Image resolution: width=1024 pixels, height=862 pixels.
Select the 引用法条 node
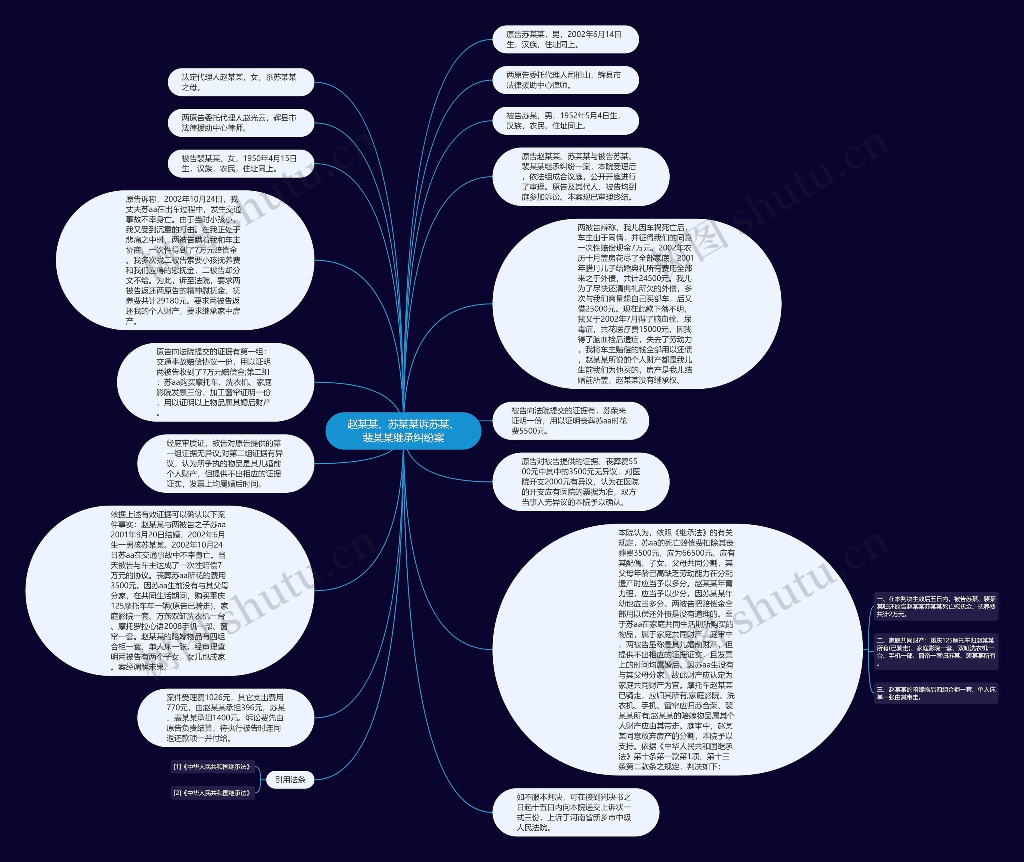(x=290, y=780)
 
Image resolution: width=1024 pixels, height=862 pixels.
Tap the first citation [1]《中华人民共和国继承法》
(x=212, y=767)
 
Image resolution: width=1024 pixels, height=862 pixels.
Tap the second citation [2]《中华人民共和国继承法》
(x=212, y=793)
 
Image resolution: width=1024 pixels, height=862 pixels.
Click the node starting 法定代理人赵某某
(x=240, y=82)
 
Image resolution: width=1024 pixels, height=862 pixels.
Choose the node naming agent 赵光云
(x=240, y=123)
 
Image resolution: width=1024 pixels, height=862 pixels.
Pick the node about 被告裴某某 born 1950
(x=240, y=163)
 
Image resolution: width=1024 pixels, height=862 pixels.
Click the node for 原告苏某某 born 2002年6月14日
(x=565, y=39)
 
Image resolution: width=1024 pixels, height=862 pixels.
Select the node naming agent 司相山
(x=565, y=80)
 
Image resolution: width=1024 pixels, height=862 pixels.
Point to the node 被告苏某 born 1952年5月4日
(x=565, y=121)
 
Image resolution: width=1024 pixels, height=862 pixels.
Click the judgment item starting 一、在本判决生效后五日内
(x=936, y=606)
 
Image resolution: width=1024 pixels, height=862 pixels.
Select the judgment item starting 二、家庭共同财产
(x=936, y=651)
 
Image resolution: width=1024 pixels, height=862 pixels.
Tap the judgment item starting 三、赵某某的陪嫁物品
(x=936, y=693)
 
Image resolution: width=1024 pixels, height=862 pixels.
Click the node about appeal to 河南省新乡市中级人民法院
(x=575, y=812)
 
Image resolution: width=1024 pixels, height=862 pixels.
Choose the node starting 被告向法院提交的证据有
(x=570, y=421)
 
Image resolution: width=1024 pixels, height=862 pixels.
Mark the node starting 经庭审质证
(x=225, y=463)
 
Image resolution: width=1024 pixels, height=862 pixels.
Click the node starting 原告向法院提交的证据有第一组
(x=215, y=382)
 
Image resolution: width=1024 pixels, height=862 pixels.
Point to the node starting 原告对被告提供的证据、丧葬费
(x=580, y=481)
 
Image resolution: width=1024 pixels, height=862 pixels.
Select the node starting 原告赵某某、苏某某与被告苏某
(x=580, y=176)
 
